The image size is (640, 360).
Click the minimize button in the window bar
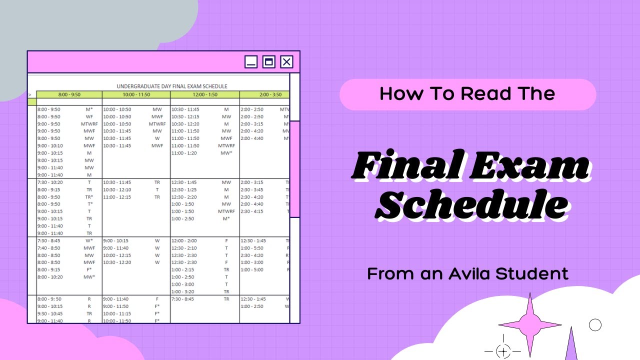coord(251,62)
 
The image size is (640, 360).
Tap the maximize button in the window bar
coord(269,62)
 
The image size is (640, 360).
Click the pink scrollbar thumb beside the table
coord(294,169)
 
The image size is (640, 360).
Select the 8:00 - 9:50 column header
coord(69,94)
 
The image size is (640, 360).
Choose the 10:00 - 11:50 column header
coord(136,94)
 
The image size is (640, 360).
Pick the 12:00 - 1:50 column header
coord(205,94)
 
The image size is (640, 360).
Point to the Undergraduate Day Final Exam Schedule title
coord(172,86)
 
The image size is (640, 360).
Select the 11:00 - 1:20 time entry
coord(185,153)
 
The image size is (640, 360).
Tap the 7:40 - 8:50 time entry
coord(48,247)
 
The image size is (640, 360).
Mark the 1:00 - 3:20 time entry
coord(182,291)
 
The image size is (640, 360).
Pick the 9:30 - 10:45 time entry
coord(50,313)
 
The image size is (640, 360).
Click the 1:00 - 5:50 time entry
coord(252,247)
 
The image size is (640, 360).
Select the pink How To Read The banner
coord(467,94)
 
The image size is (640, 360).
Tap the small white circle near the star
coord(595,325)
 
